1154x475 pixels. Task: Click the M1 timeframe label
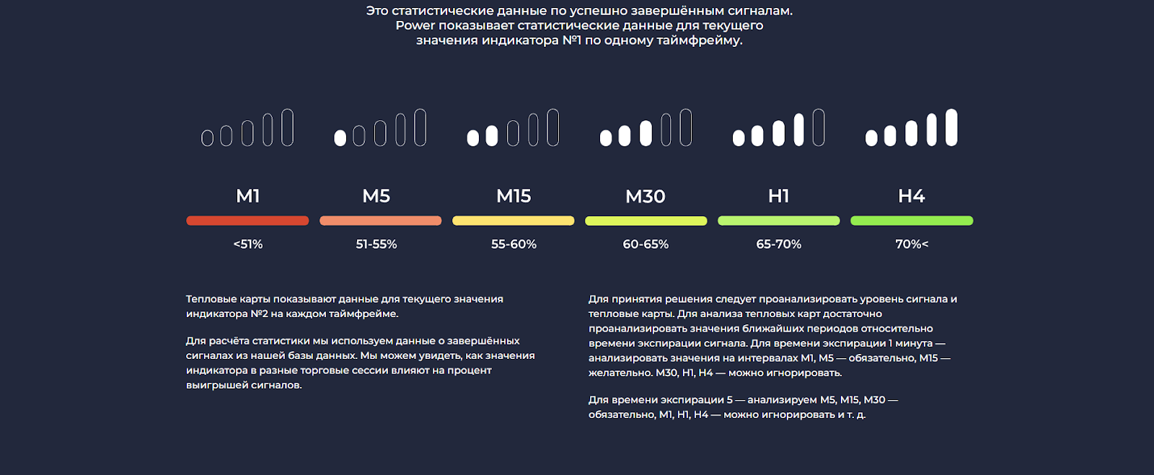click(x=248, y=196)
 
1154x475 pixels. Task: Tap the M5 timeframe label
click(x=376, y=196)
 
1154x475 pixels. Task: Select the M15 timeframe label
click(x=514, y=196)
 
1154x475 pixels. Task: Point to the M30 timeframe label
click(x=646, y=196)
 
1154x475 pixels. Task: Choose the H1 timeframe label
click(x=779, y=196)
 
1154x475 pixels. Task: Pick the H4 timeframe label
click(x=912, y=196)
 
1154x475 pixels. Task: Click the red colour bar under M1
click(x=247, y=221)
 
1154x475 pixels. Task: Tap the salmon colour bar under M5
click(x=381, y=221)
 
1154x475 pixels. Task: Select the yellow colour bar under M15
click(x=514, y=221)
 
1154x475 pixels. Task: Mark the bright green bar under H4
click(x=912, y=221)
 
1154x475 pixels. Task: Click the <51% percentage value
click(x=248, y=244)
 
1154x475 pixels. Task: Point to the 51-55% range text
click(x=376, y=244)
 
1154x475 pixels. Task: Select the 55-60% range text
click(x=514, y=244)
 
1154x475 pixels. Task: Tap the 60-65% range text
click(x=646, y=244)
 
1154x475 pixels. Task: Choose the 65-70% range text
click(x=779, y=244)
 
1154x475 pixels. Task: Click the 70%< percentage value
click(x=912, y=244)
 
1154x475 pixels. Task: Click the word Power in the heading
click(x=415, y=26)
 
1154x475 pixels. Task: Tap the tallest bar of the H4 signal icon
click(x=952, y=128)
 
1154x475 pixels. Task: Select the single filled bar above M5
click(x=340, y=138)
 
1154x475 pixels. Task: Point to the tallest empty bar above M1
click(x=288, y=128)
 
